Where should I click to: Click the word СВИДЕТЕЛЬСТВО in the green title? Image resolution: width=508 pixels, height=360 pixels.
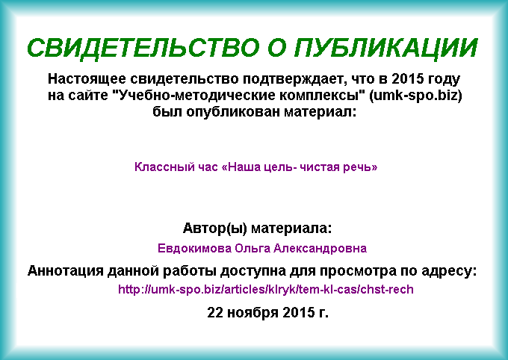(143, 48)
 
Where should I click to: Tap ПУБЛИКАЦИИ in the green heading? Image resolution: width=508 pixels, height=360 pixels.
(386, 49)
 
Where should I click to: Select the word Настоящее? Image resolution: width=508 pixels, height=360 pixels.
(87, 79)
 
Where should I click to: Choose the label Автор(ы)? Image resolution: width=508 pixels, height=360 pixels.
(215, 229)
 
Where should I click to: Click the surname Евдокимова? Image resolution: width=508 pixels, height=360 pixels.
(194, 249)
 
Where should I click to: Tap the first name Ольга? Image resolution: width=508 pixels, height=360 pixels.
(253, 249)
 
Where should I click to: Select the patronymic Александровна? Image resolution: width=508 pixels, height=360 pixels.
(320, 249)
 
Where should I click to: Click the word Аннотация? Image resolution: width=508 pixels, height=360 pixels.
(65, 271)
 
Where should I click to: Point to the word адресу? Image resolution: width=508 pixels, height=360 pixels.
(449, 271)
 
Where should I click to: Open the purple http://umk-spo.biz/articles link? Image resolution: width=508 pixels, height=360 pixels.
(266, 289)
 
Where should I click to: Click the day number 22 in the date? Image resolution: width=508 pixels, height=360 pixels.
(215, 313)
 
